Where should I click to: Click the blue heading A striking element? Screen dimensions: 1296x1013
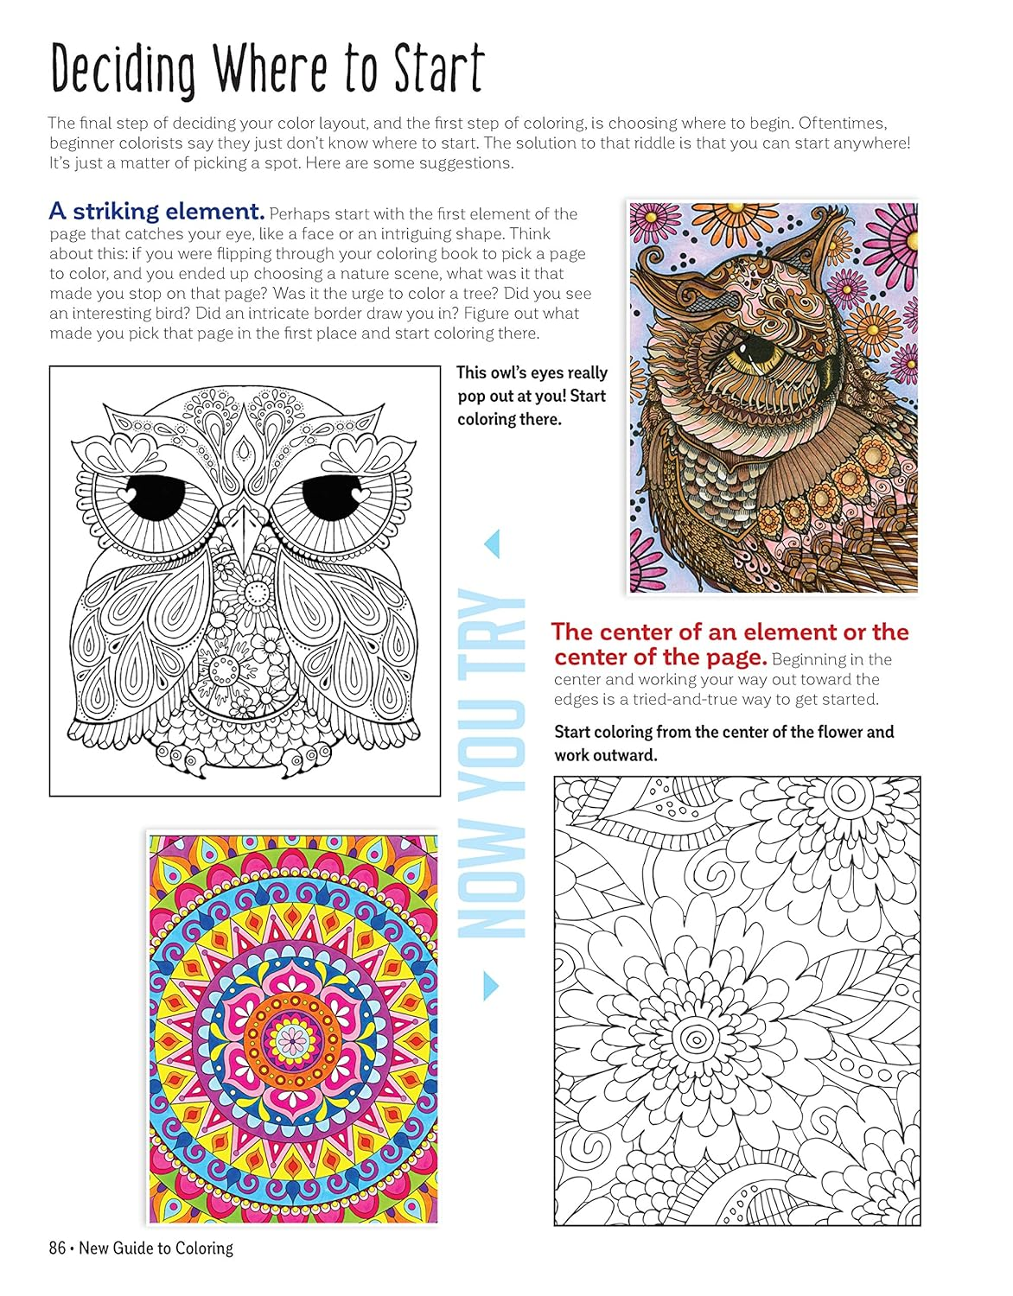[x=156, y=212]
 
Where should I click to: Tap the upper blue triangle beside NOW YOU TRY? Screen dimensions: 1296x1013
[x=493, y=543]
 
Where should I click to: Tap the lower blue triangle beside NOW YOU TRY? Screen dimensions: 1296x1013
[x=491, y=984]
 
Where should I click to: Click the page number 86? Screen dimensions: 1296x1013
[x=58, y=1248]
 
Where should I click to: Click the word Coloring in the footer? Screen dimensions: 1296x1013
[x=204, y=1248]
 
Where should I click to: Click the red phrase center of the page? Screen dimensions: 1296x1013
[x=661, y=658]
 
